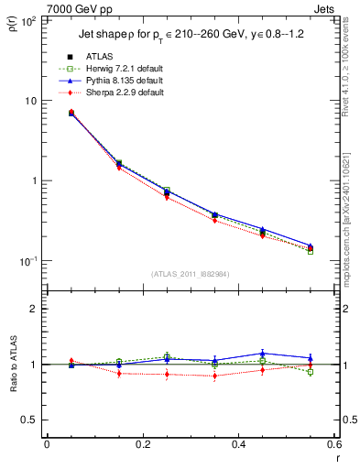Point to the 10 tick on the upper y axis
coord(33,101)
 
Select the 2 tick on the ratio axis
coord(36,310)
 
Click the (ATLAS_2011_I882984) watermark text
coord(191,274)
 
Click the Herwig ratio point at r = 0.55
coord(311,372)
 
